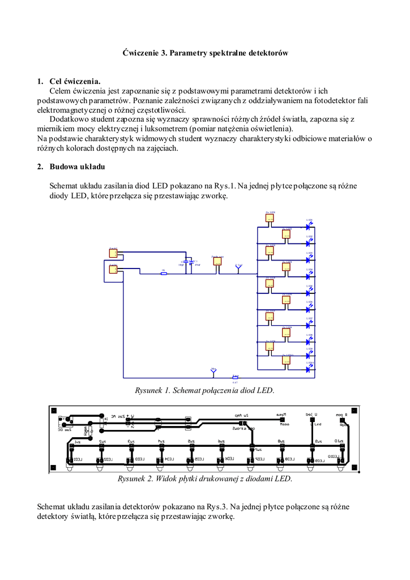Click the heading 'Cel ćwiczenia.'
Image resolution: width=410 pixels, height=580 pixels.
74,82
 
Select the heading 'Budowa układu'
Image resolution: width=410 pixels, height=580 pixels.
76,167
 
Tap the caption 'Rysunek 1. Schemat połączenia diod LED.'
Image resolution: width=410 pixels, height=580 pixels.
204,390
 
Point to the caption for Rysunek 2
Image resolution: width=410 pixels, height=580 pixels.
204,479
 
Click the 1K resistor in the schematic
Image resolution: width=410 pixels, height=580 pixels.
164,274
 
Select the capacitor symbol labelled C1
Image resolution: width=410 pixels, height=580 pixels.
191,262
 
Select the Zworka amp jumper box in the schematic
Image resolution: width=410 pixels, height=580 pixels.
217,262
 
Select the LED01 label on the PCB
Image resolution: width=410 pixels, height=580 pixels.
76,459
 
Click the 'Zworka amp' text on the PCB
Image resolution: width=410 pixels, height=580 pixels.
244,429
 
